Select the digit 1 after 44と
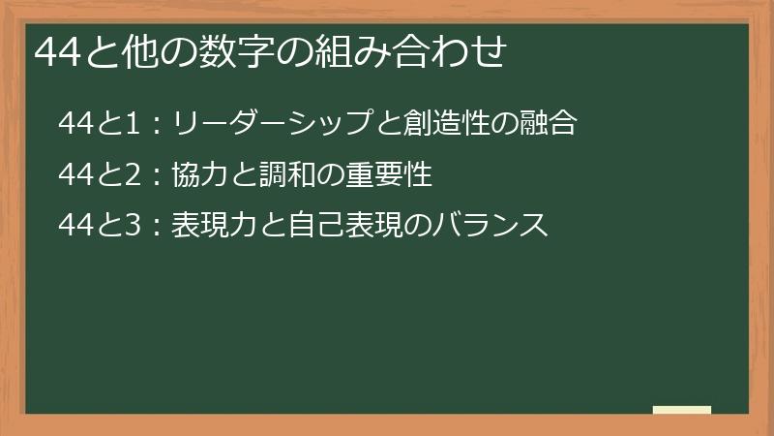coord(134,123)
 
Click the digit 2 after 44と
coord(134,174)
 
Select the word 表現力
coord(212,226)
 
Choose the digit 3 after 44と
coord(134,226)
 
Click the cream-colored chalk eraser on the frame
coord(682,411)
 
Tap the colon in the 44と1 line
coord(157,124)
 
